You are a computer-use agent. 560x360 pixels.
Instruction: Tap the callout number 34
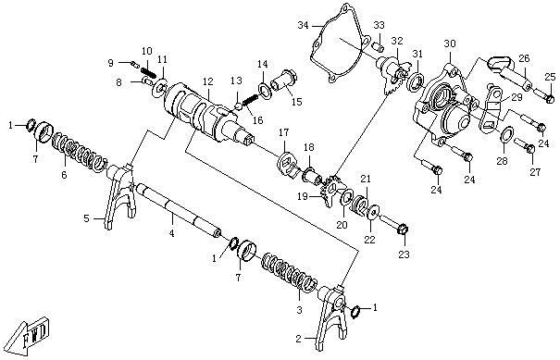[x=303, y=25]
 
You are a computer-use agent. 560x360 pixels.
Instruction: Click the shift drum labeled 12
[x=207, y=114]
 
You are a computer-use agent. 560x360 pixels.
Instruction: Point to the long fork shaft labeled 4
[x=180, y=211]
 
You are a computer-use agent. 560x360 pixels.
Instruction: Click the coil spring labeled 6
[x=80, y=152]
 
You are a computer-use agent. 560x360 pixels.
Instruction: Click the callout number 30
[x=450, y=43]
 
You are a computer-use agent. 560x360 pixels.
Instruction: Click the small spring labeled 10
[x=148, y=72]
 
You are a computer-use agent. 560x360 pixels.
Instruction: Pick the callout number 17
[x=283, y=133]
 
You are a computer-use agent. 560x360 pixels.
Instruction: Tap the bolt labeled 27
[x=524, y=145]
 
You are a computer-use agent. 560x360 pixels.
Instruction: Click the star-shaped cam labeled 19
[x=331, y=191]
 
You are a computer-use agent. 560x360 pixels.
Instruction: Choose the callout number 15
[x=296, y=102]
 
